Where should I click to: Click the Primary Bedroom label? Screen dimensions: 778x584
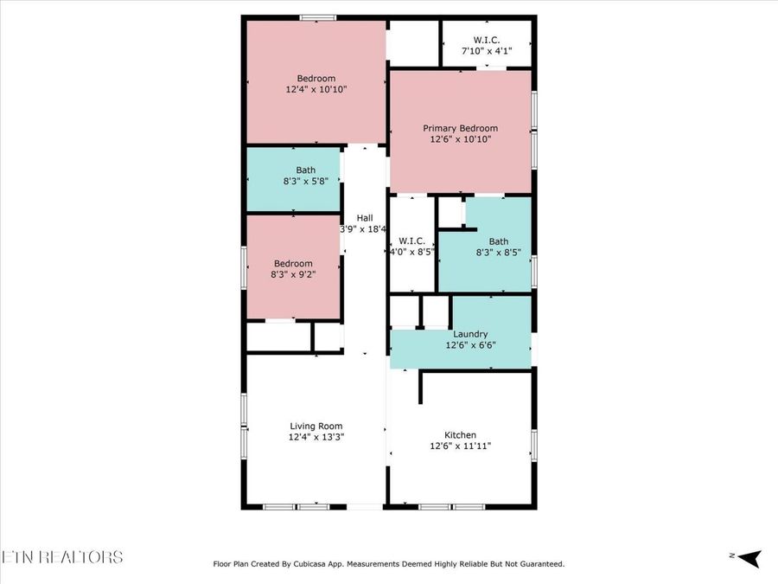(460, 128)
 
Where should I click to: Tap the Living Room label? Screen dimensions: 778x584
(316, 426)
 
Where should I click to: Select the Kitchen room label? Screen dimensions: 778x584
(461, 435)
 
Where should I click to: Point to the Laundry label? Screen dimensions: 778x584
(470, 334)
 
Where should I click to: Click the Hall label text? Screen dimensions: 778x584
(365, 217)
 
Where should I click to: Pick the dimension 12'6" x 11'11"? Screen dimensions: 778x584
(461, 446)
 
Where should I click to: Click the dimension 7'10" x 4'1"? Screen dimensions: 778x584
(487, 51)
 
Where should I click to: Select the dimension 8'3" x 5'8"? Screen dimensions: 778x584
(306, 182)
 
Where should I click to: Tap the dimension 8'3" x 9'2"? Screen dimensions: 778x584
(293, 274)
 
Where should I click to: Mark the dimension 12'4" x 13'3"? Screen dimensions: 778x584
(316, 437)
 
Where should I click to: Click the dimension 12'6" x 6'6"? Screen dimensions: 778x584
(470, 345)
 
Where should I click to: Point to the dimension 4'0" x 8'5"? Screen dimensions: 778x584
(411, 252)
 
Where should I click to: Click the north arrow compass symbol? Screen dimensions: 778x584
(749, 558)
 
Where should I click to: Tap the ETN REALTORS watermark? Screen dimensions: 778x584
(61, 556)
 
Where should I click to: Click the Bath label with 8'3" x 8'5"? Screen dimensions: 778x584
(499, 241)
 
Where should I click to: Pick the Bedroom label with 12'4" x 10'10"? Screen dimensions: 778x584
(316, 79)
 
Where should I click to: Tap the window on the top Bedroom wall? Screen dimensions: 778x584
(317, 18)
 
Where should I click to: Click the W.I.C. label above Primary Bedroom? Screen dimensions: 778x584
(487, 40)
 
